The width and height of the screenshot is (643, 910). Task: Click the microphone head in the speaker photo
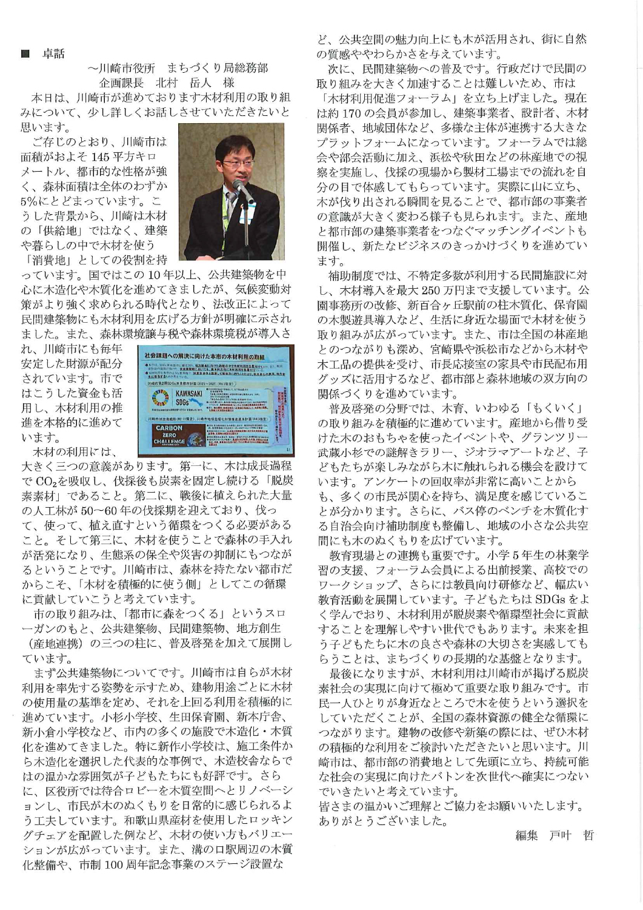point(239,184)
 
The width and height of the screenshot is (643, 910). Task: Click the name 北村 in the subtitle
point(165,83)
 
